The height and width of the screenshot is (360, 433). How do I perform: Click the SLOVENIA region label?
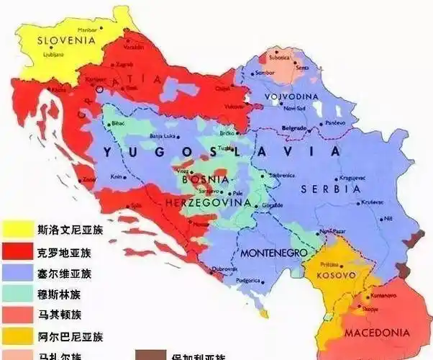[65, 41]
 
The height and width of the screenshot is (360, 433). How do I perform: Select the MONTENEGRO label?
[273, 253]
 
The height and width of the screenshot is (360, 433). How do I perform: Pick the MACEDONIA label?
[376, 333]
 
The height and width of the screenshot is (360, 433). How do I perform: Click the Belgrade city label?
[294, 127]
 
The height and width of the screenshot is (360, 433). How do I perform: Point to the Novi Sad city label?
[295, 108]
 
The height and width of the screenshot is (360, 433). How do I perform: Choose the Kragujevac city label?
[354, 176]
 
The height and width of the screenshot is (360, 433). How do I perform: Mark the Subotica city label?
[279, 56]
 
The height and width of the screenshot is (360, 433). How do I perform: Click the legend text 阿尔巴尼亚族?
[70, 336]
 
